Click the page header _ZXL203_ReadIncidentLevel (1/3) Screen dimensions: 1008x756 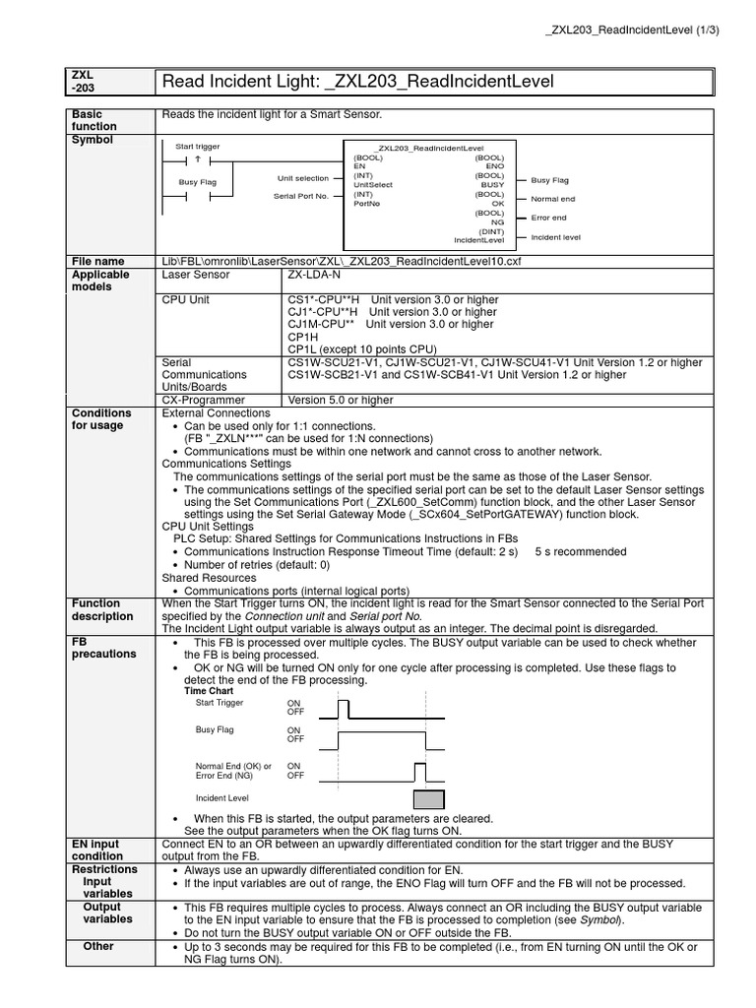(632, 30)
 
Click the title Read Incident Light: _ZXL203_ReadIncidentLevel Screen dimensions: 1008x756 (357, 81)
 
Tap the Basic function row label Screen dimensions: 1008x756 (94, 120)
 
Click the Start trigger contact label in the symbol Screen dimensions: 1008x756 (198, 147)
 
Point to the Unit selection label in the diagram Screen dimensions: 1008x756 (302, 178)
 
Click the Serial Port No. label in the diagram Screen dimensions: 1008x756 (300, 197)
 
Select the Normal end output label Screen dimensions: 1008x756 (553, 199)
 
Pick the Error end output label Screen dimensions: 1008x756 (548, 218)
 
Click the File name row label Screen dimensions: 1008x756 (97, 261)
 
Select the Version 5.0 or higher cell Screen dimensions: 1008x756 (340, 401)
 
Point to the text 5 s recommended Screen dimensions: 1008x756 (580, 552)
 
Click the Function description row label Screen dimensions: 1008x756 (101, 609)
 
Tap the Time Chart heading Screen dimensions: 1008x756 (209, 691)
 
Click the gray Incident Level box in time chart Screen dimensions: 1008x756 (428, 798)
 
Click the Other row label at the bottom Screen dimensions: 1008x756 (97, 946)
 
